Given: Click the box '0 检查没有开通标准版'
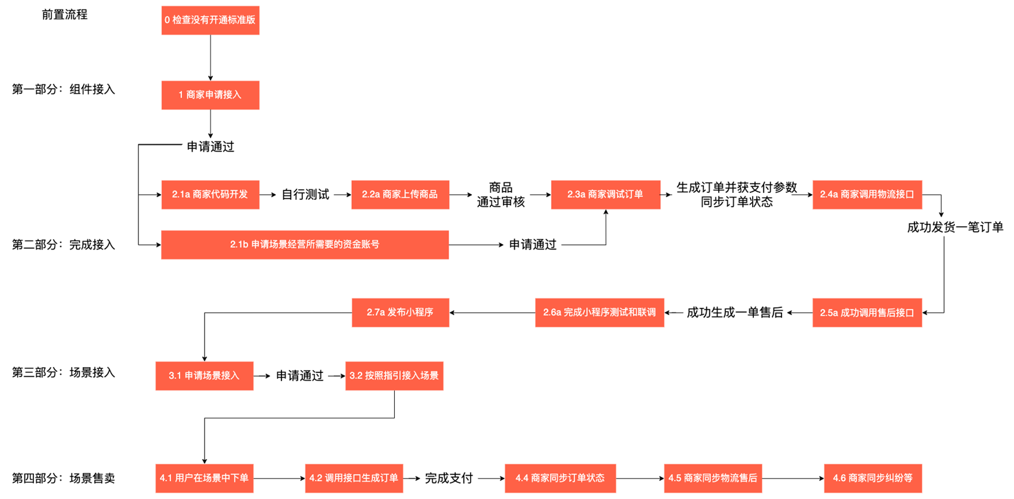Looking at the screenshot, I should click(210, 20).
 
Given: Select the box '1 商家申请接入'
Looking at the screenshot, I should click(210, 95).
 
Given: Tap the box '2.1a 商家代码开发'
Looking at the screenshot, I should click(210, 195).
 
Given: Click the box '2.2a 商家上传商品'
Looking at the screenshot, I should click(400, 195).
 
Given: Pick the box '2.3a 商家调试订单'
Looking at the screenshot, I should click(605, 195).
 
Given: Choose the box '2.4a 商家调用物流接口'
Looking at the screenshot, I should click(867, 195).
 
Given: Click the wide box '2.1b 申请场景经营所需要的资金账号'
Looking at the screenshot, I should click(305, 245).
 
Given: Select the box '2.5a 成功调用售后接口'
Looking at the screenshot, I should click(867, 313).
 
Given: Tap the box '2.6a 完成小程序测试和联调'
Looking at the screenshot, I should click(599, 313).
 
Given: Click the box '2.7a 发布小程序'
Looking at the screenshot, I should click(400, 313).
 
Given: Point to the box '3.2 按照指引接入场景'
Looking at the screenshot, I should click(394, 376).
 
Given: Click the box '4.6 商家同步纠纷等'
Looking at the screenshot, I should click(873, 478).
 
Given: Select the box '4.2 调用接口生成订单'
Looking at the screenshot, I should click(354, 478).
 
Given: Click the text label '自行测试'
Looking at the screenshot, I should click(305, 195).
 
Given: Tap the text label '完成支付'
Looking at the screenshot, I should click(449, 478).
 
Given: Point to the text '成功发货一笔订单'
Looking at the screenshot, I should click(954, 227).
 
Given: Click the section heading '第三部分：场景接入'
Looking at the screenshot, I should click(63, 373).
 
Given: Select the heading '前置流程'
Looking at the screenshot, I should click(64, 15).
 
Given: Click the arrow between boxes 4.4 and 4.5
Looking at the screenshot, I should click(639, 478).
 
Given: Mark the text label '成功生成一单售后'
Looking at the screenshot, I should click(734, 313).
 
